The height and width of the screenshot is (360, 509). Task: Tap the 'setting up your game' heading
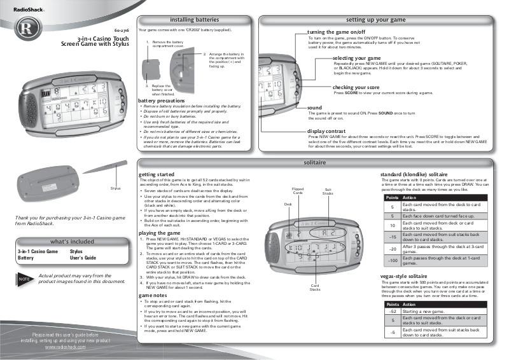click(380, 20)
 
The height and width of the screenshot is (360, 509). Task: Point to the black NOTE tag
click(24, 279)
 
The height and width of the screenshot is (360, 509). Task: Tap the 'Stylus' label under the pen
click(115, 188)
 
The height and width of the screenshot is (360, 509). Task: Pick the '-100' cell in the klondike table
click(393, 261)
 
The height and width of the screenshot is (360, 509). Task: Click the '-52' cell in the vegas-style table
click(393, 311)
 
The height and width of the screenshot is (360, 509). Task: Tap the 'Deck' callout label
click(288, 204)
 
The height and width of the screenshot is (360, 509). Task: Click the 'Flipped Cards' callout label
click(298, 191)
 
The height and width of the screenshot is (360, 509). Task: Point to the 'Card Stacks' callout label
click(315, 288)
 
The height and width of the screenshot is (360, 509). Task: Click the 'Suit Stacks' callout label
click(328, 191)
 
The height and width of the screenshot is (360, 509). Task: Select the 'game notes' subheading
click(154, 296)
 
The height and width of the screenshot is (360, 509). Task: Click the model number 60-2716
click(122, 31)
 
